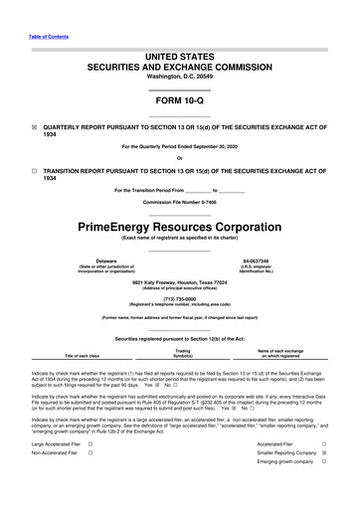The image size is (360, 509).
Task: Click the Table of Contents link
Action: pos(42,36)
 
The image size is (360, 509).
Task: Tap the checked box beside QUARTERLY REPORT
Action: pos(35,127)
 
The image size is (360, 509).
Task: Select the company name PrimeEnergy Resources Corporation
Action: pos(179,226)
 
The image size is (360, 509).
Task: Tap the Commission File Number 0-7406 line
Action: pos(179,203)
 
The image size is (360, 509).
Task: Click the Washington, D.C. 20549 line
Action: pos(179,76)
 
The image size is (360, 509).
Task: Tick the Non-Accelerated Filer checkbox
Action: pos(90,453)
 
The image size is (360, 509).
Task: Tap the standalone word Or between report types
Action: pos(179,159)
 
